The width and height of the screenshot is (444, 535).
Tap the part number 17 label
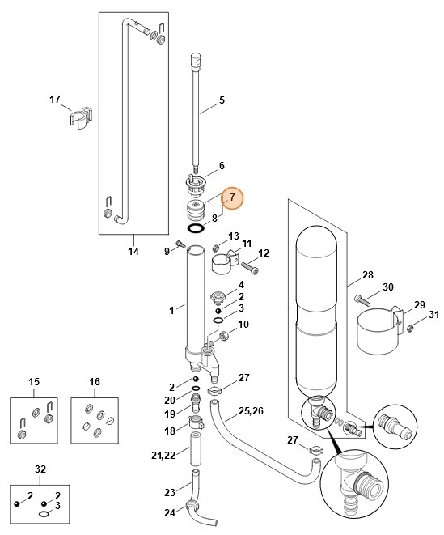click(x=55, y=100)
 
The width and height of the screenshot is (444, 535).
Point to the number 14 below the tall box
click(x=134, y=251)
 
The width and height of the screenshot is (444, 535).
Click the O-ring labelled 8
click(x=196, y=229)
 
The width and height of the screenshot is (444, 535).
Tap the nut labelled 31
click(x=410, y=328)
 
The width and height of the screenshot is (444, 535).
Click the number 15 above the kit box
click(x=34, y=381)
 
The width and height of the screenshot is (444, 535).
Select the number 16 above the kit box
click(x=94, y=381)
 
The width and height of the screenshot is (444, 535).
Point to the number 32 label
click(x=40, y=469)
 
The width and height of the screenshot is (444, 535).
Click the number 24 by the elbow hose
click(x=170, y=512)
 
